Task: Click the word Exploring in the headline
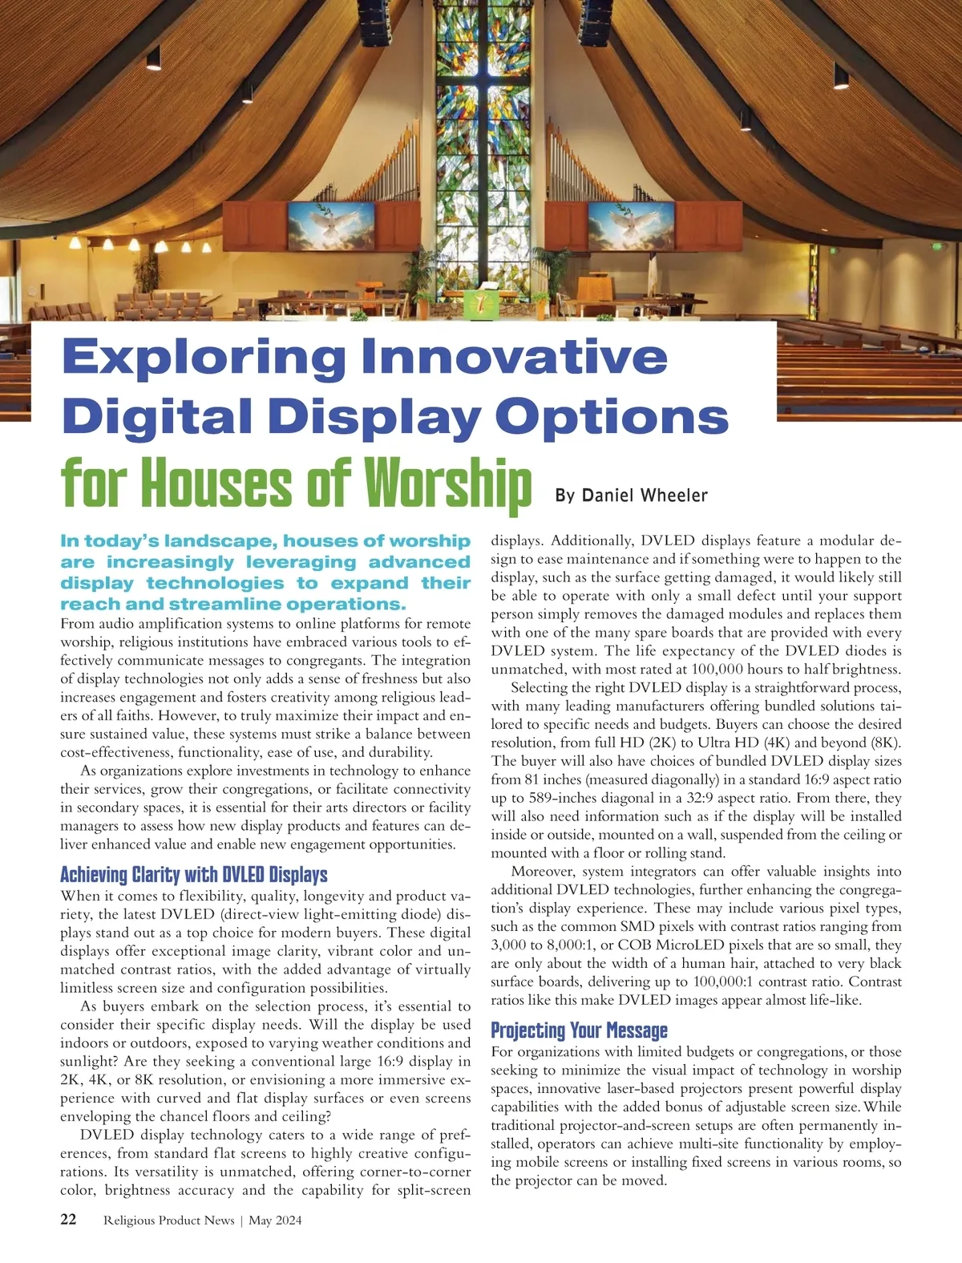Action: tap(204, 358)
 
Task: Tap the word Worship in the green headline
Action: tap(447, 484)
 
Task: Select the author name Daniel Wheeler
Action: tap(645, 496)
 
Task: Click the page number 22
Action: tap(69, 1220)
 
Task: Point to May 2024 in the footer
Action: tap(275, 1220)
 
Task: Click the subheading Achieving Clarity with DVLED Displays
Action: tap(194, 874)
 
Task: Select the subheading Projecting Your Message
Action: tap(579, 1030)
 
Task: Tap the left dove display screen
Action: tap(331, 227)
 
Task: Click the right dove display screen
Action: tap(631, 227)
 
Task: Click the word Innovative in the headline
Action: tap(515, 358)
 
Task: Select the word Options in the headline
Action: tap(611, 418)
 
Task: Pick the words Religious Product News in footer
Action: tap(168, 1220)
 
